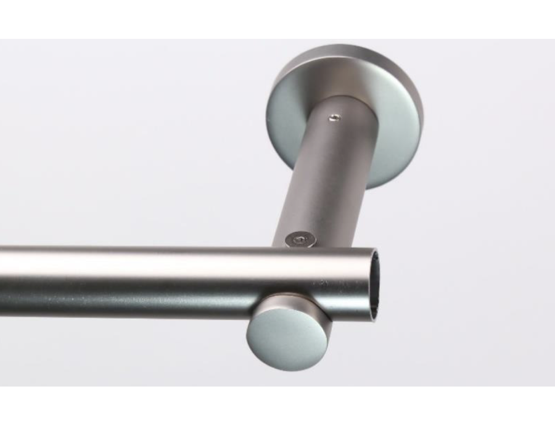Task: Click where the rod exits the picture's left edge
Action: coord(2,281)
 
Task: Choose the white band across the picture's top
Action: coord(277,18)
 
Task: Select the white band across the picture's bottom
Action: coord(277,407)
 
